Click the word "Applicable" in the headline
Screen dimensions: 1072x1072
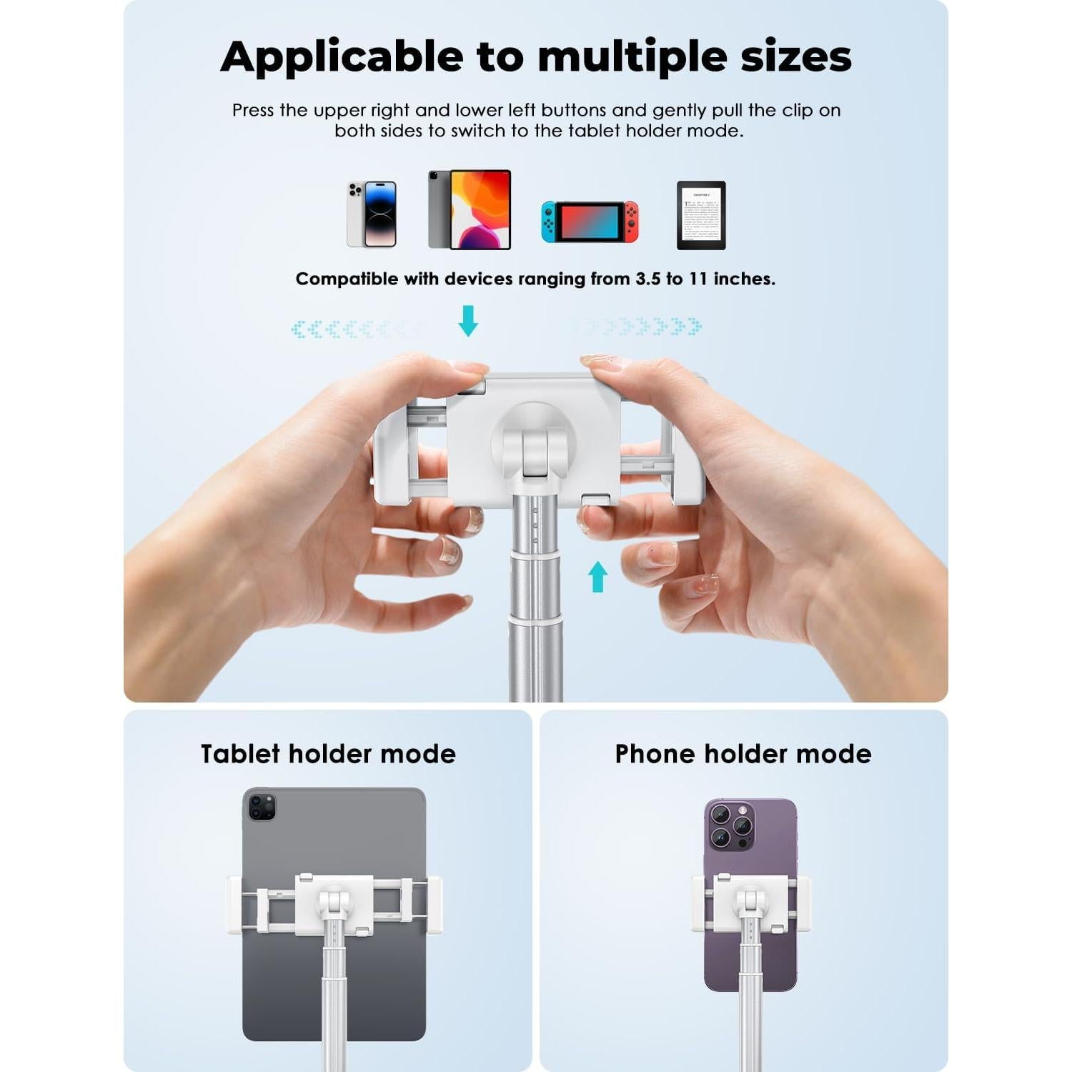[x=342, y=57]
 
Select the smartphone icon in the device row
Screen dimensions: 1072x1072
[x=372, y=214]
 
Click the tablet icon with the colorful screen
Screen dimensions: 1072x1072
[x=470, y=209]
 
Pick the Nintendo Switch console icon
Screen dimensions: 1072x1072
[x=590, y=222]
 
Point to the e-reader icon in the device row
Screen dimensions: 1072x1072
[x=701, y=215]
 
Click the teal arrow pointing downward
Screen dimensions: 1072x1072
[x=468, y=320]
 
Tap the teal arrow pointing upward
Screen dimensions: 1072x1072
[x=597, y=576]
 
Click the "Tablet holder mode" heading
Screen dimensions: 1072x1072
[x=328, y=754]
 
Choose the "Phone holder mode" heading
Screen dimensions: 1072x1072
[x=743, y=754]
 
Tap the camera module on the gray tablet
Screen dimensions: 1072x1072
[x=262, y=807]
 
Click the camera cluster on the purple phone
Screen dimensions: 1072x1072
[x=731, y=825]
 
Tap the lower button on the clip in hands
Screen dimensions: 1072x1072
[x=595, y=499]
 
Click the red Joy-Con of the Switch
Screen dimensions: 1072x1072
[x=631, y=222]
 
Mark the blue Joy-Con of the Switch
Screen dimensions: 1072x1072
[x=548, y=222]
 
